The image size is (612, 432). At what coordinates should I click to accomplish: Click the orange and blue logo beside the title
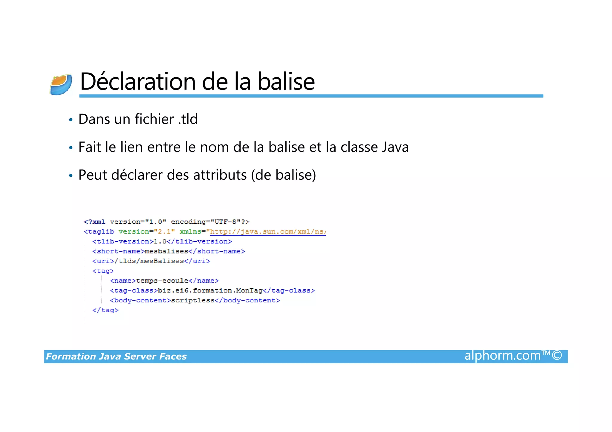61,84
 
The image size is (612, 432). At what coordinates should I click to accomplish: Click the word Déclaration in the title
138,82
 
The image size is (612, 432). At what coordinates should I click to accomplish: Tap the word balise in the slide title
286,82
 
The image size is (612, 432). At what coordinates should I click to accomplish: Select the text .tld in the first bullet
188,119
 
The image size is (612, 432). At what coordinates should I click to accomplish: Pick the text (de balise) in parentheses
283,175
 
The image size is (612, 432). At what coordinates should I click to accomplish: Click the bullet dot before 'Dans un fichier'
71,120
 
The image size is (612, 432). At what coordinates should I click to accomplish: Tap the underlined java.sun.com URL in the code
268,232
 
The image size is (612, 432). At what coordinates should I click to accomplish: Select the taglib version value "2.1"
164,232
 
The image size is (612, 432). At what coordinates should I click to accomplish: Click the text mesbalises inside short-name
166,251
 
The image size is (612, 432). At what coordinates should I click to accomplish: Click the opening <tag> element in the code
103,271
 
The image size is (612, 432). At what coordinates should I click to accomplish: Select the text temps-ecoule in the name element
162,281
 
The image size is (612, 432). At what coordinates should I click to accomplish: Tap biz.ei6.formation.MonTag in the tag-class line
210,291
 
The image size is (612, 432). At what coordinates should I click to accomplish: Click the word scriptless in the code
193,301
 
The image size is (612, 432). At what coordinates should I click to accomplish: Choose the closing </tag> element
105,310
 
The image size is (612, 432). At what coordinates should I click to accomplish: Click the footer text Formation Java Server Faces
116,356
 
